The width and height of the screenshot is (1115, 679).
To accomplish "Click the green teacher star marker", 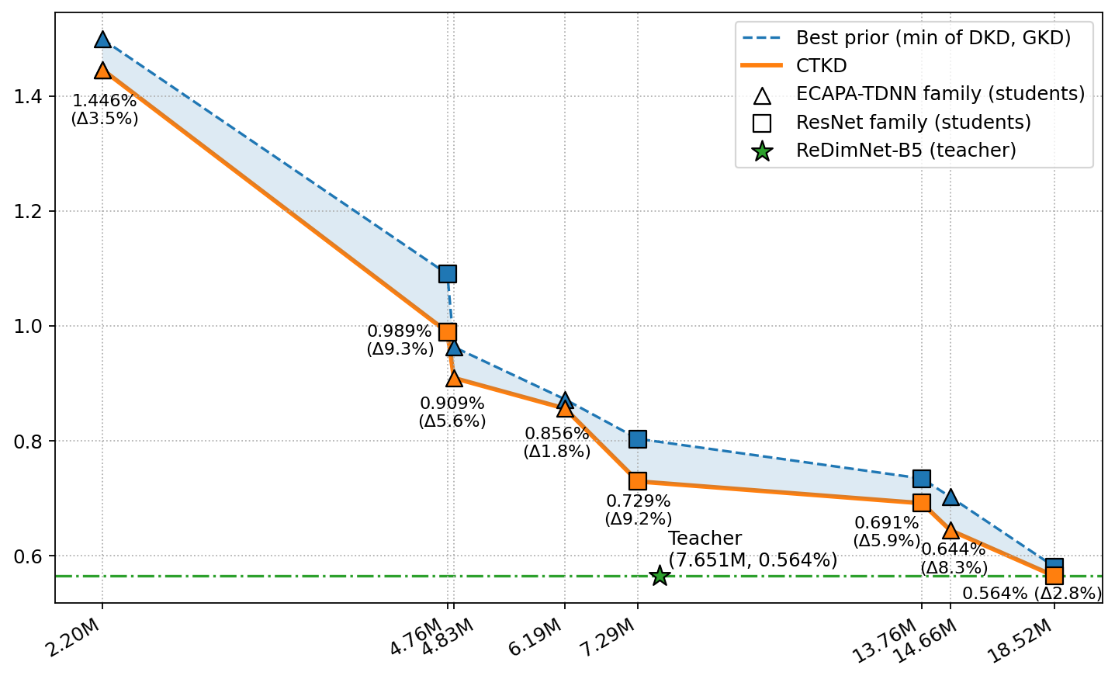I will (660, 575).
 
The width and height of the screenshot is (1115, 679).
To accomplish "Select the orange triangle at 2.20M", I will (102, 71).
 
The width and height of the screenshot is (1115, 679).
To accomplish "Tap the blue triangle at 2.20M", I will (102, 40).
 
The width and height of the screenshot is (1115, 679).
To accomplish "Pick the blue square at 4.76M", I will (448, 273).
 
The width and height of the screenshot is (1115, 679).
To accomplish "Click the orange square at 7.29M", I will (638, 481).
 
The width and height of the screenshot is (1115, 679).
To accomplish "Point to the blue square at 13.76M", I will (922, 478).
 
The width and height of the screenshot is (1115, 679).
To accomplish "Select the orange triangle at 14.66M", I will (951, 531).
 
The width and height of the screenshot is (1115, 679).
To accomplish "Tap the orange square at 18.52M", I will (1054, 576).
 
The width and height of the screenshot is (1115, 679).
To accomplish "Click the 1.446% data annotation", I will (105, 109).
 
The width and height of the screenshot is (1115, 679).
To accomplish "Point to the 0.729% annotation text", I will (639, 510).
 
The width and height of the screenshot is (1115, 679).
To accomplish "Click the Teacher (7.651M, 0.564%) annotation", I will (753, 549).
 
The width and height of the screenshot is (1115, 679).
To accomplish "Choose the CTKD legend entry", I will (821, 65).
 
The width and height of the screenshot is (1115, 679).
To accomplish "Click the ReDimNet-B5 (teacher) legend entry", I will (906, 151).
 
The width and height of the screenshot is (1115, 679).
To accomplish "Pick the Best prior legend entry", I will (933, 37).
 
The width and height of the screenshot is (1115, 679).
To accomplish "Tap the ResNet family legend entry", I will (913, 123).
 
